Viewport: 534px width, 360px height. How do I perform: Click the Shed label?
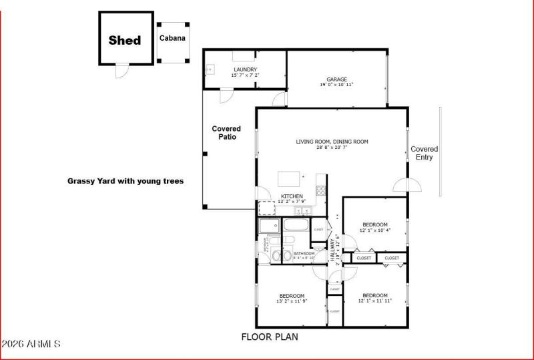(125, 40)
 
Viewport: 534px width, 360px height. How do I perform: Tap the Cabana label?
(172, 38)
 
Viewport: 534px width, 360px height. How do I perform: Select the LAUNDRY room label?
(245, 69)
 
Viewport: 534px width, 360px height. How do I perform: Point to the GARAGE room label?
(336, 79)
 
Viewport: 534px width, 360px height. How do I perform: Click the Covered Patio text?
(226, 132)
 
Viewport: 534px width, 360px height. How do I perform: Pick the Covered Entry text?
(424, 153)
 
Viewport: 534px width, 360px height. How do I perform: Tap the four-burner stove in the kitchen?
(320, 190)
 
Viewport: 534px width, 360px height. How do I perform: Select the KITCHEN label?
(292, 196)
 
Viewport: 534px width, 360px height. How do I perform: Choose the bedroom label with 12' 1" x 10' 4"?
(374, 224)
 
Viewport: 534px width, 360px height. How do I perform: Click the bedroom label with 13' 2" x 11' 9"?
(292, 296)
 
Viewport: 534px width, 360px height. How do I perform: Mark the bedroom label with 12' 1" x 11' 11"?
(374, 295)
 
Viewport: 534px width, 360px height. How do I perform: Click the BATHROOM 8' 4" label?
(304, 254)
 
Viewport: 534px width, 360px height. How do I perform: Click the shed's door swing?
(121, 71)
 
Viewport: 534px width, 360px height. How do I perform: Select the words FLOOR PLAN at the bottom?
(270, 337)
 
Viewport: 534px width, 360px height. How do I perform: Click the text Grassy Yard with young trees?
(125, 181)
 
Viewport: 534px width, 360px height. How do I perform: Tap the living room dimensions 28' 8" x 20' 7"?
(332, 147)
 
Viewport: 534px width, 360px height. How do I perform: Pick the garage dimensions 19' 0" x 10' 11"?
(336, 85)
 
